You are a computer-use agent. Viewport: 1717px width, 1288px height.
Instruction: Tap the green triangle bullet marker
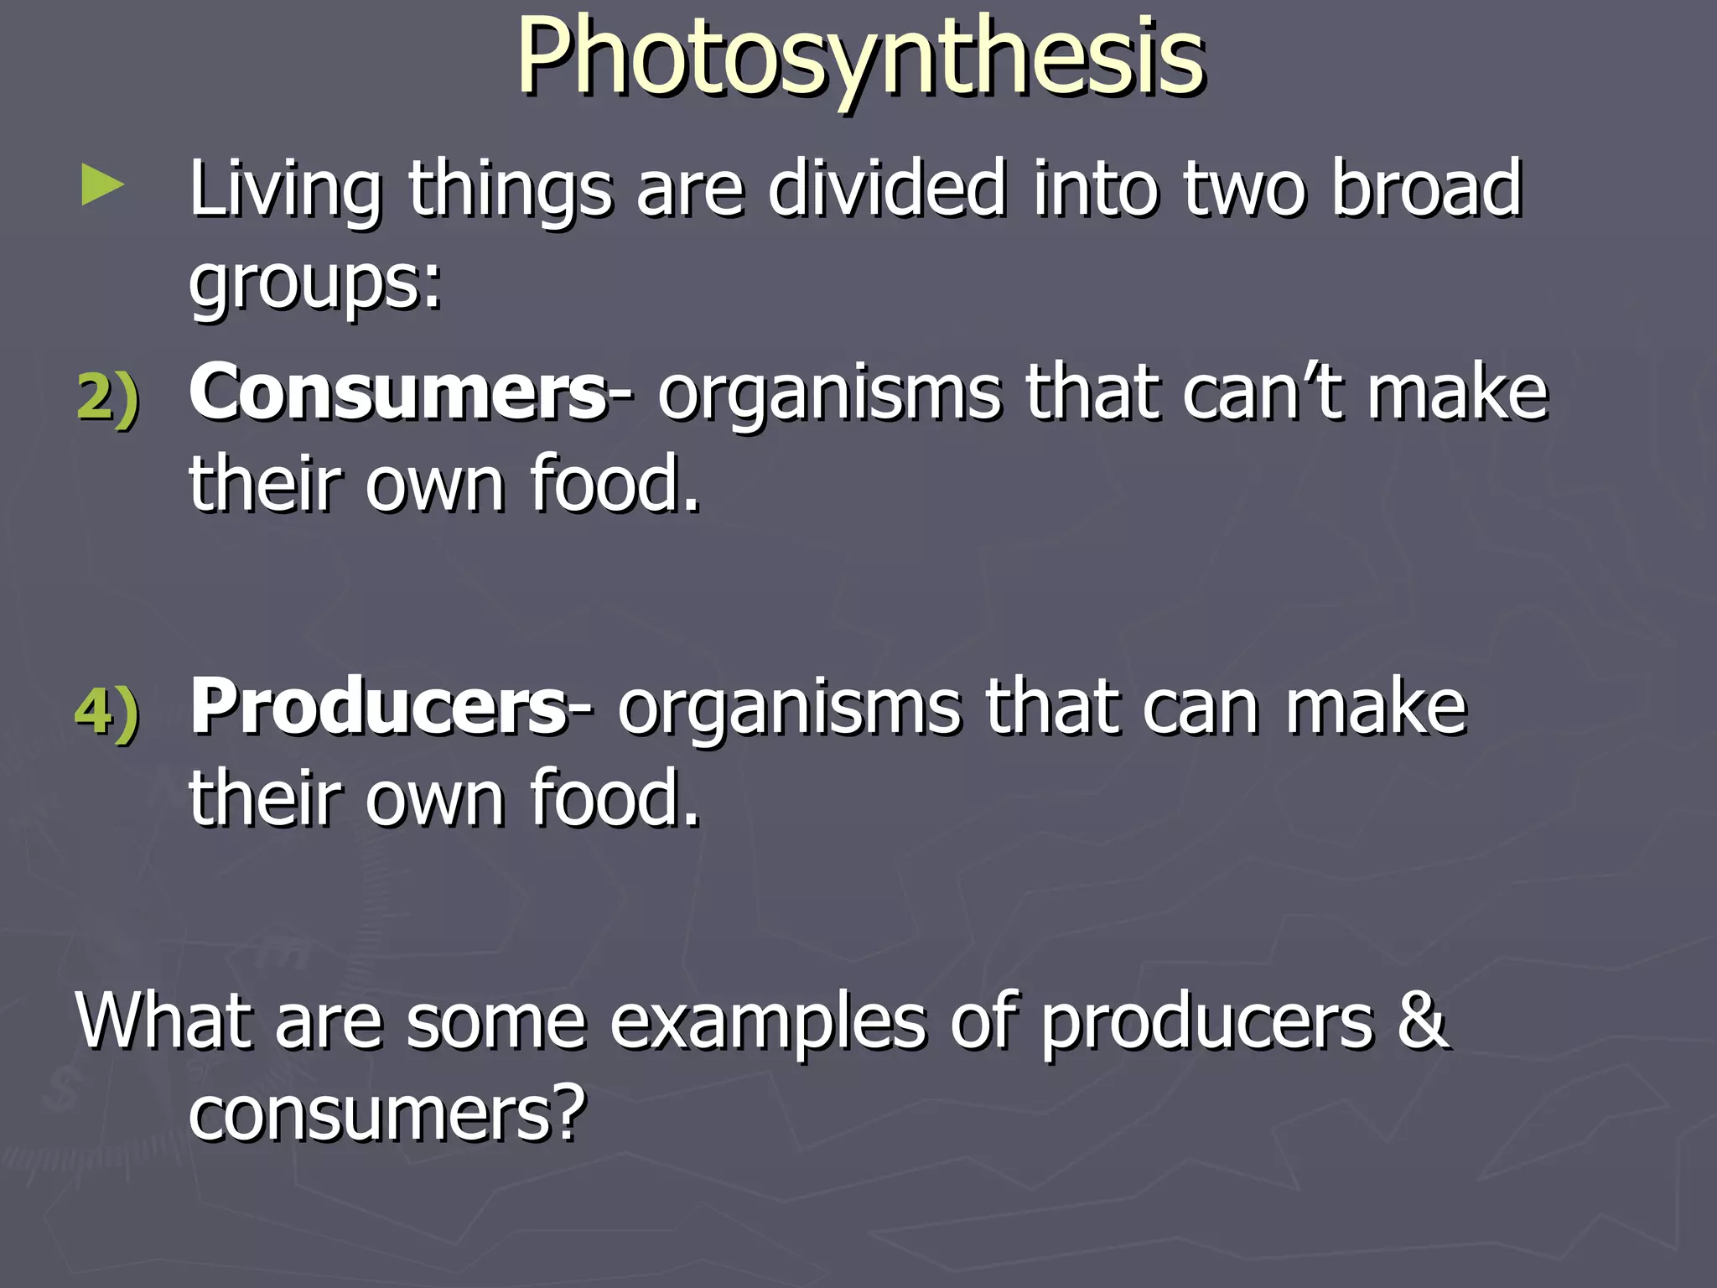click(102, 186)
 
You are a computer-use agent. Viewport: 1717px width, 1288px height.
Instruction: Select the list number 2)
click(108, 396)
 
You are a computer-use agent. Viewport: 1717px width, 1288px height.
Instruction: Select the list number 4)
click(108, 711)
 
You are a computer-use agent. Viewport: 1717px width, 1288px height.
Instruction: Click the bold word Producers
click(379, 708)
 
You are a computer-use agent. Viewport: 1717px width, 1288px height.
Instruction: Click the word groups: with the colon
click(315, 283)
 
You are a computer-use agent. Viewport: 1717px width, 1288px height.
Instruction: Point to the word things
click(511, 191)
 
